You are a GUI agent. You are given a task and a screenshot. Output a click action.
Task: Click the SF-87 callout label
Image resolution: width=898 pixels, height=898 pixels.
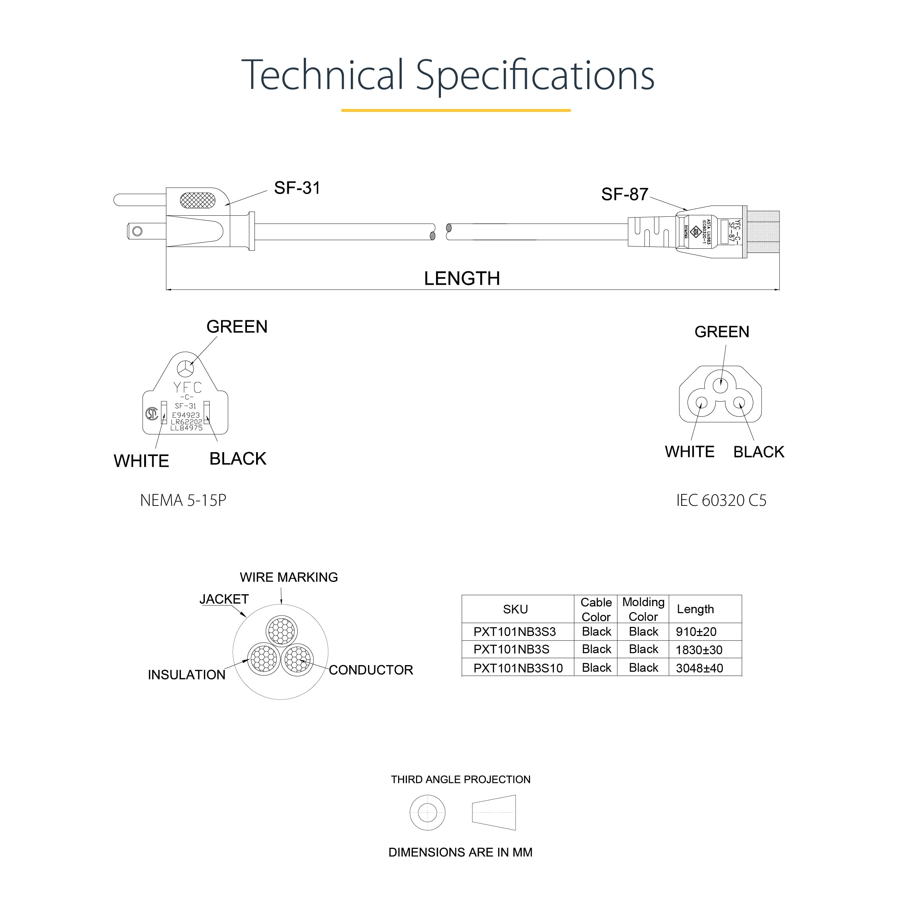624,194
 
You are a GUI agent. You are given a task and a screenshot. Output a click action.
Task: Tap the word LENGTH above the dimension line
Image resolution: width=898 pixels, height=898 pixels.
462,279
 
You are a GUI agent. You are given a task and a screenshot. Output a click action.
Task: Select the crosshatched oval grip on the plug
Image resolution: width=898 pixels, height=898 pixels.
197,200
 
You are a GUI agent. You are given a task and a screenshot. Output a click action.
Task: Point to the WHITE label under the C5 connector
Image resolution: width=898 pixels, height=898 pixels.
689,452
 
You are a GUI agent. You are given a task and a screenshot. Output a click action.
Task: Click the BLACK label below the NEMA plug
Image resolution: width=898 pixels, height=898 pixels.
237,459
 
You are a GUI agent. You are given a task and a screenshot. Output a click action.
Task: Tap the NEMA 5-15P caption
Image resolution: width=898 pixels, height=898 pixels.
183,500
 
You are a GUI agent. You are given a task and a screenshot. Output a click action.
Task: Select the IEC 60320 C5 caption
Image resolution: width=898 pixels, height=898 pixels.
721,500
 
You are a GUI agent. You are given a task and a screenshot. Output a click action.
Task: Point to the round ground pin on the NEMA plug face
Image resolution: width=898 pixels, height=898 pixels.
186,369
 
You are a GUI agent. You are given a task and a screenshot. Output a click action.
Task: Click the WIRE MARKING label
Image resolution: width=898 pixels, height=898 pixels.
289,577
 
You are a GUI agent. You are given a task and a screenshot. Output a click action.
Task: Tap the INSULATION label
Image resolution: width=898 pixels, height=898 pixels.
186,675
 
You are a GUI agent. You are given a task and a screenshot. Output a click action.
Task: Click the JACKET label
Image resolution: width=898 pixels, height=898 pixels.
224,599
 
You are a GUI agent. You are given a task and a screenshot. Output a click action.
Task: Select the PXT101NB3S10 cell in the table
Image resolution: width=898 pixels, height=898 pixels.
518,668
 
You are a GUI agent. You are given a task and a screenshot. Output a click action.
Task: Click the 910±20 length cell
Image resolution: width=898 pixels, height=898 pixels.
696,632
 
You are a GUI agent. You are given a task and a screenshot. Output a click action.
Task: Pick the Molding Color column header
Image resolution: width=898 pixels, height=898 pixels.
643,609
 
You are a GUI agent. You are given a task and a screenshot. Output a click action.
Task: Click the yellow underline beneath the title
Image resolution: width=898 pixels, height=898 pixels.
456,110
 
